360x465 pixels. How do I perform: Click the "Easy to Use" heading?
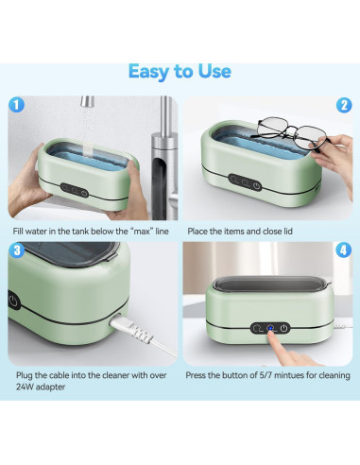(x=180, y=72)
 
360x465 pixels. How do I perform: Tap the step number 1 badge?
(x=17, y=105)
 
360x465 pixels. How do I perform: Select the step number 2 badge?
(x=344, y=105)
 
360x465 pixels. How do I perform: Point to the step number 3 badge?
(x=17, y=250)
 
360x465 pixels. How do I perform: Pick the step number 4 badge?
(x=344, y=250)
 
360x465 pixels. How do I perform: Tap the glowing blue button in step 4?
(x=270, y=328)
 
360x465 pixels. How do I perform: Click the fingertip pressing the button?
(x=271, y=336)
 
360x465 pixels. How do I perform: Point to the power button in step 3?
(x=13, y=301)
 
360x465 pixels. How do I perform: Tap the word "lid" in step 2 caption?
(x=288, y=232)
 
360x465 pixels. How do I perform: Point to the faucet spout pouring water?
(x=87, y=102)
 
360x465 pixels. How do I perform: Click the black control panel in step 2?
(x=245, y=182)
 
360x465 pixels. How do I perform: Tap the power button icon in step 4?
(x=283, y=328)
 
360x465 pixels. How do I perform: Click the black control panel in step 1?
(x=75, y=190)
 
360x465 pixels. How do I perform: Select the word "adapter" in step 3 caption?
(x=50, y=387)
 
